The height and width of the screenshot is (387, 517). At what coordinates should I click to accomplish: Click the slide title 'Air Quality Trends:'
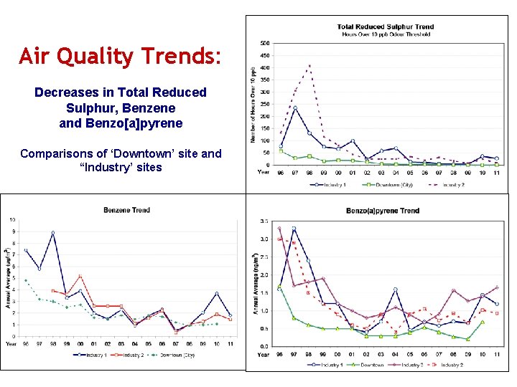coord(121,55)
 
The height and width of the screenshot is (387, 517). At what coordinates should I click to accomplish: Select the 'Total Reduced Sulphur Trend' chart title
coord(385,27)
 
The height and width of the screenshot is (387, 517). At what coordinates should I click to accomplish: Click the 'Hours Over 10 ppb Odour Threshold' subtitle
coord(385,34)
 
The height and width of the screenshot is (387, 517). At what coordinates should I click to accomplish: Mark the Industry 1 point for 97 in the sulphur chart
coord(295,108)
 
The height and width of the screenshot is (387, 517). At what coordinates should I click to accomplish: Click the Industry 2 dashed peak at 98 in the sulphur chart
coord(309,65)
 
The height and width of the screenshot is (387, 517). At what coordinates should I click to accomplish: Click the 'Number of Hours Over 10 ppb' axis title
coord(253,104)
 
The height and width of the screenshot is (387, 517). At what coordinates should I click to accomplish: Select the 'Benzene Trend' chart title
coord(126,210)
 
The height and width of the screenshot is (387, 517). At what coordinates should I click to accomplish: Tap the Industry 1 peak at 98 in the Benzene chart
coord(52,233)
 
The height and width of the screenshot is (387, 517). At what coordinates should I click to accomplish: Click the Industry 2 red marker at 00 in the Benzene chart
coord(80,277)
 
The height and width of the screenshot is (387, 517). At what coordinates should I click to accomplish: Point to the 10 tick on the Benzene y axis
coord(12,219)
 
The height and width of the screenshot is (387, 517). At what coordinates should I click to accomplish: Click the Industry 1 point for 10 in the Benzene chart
coord(215,294)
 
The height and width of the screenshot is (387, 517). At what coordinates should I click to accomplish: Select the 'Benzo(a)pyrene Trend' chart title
coord(382,211)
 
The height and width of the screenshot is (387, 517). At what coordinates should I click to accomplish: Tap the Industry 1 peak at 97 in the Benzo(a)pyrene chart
coord(293,229)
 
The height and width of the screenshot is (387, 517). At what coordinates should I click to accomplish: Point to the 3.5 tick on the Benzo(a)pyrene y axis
coord(265,221)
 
